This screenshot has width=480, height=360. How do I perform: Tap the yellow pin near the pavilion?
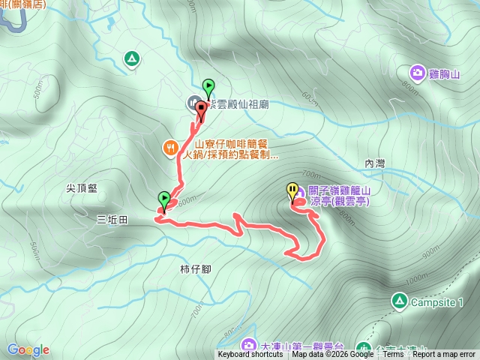click(x=292, y=192)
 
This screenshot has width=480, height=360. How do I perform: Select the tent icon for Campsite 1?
click(x=400, y=301)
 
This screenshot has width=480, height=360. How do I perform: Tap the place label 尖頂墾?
click(x=82, y=189)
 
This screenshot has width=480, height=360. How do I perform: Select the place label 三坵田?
click(x=112, y=219)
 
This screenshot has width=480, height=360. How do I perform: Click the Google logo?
click(x=28, y=349)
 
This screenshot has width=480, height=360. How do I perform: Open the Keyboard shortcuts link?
click(x=250, y=355)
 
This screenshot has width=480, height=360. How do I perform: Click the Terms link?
click(x=393, y=355)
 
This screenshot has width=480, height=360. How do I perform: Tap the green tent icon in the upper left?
click(x=132, y=58)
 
